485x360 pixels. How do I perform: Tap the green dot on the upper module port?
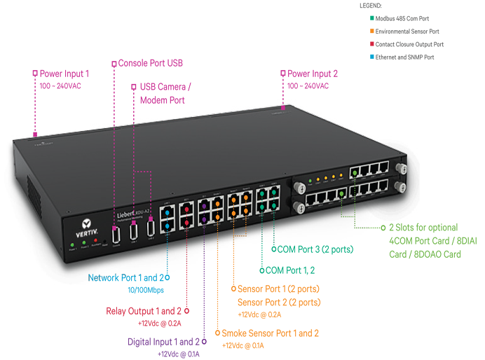[x=356, y=171]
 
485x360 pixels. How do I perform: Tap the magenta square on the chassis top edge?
[x=284, y=109]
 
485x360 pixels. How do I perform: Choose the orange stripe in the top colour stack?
[x=356, y=31]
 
